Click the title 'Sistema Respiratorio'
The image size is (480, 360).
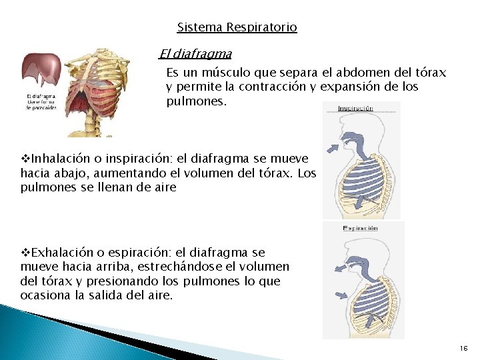237,28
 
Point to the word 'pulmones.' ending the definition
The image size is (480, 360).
197,102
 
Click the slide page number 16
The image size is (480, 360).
464,349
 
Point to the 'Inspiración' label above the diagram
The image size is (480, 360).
355,108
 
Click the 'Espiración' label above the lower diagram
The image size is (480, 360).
360,228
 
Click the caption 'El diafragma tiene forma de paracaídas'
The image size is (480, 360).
41,102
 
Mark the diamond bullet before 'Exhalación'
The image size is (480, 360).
26,253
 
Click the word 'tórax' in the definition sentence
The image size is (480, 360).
430,73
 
